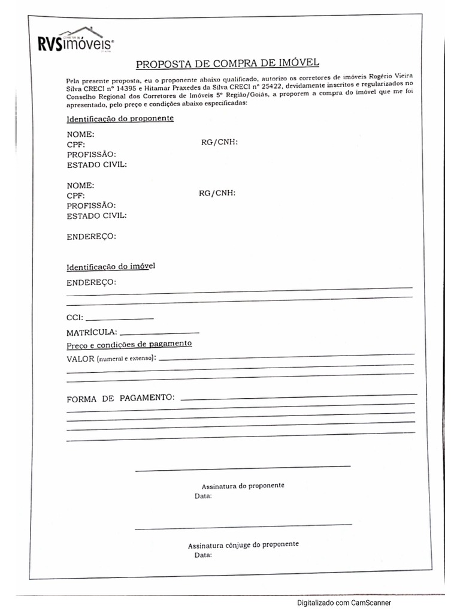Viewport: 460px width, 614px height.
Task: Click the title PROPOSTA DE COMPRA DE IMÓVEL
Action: tap(228, 63)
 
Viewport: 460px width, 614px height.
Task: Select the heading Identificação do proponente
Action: tap(120, 118)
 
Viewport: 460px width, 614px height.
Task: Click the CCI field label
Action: tap(75, 318)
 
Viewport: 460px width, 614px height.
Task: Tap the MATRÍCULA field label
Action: tap(92, 332)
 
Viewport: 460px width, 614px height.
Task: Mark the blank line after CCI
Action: tap(120, 318)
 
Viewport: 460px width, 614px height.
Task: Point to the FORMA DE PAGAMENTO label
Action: tap(120, 398)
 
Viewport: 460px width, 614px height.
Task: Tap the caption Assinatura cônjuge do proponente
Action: tap(243, 545)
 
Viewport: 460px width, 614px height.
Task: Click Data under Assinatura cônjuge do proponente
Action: tap(203, 555)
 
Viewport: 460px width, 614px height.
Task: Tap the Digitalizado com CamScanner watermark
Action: tap(344, 603)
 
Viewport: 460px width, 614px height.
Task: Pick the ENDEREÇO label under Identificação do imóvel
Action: tap(92, 282)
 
